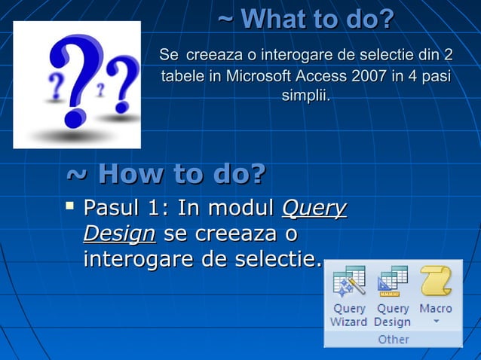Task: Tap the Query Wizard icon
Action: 348,282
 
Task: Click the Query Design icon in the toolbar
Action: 392,282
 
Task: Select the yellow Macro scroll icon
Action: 435,282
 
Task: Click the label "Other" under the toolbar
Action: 393,339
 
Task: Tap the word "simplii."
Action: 305,96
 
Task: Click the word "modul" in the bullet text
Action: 241,208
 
